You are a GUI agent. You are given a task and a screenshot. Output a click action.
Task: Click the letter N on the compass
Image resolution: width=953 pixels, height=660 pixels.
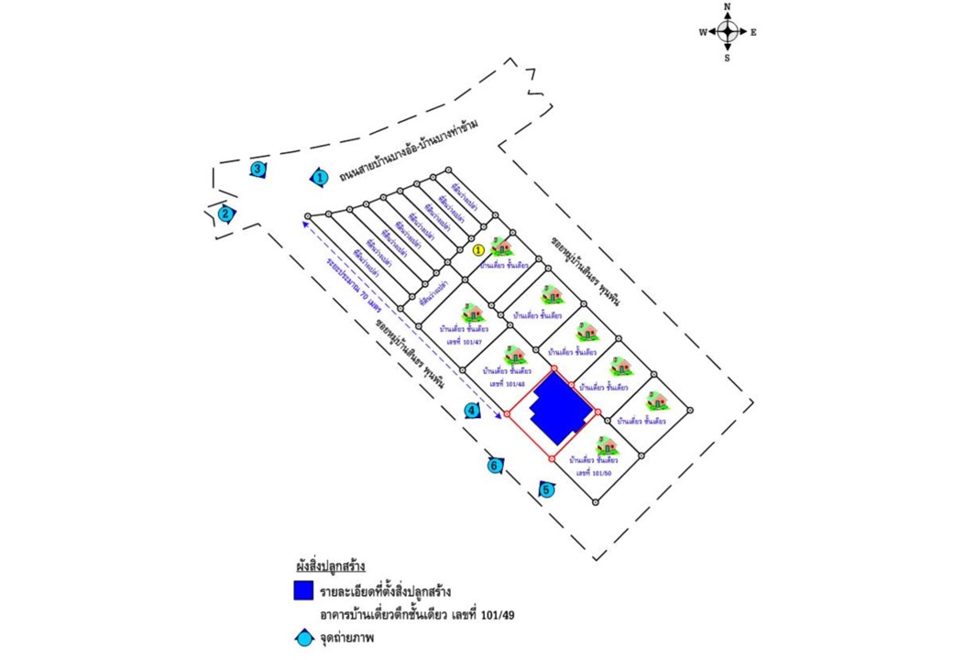point(728,6)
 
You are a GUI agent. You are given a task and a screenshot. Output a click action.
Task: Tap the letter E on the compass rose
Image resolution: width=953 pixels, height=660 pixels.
point(753,32)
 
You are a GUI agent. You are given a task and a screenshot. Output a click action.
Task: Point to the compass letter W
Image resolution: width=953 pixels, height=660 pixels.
point(703,32)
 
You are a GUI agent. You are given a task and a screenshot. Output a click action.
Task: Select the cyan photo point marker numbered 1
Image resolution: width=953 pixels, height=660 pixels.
point(320,178)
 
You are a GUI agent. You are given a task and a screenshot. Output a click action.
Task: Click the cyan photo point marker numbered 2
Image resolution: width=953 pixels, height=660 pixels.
point(225,214)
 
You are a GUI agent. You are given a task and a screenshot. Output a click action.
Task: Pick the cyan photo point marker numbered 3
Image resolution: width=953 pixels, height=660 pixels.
point(258,169)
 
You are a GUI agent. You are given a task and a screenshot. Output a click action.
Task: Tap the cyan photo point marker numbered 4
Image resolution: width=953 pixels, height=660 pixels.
point(471,411)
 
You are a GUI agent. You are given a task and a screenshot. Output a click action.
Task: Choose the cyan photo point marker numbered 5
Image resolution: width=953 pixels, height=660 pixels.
point(547,490)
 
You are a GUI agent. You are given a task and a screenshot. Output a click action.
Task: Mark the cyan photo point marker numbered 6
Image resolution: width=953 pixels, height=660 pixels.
point(495,466)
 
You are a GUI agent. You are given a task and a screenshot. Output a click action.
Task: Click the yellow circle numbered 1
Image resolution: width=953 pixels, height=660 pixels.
point(478,249)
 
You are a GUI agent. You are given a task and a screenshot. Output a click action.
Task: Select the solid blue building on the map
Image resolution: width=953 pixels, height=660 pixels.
point(560,409)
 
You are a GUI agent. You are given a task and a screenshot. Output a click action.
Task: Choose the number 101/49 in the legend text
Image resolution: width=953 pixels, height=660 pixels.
point(495,615)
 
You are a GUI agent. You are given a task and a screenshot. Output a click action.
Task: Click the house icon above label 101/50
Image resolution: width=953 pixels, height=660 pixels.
point(606,446)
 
